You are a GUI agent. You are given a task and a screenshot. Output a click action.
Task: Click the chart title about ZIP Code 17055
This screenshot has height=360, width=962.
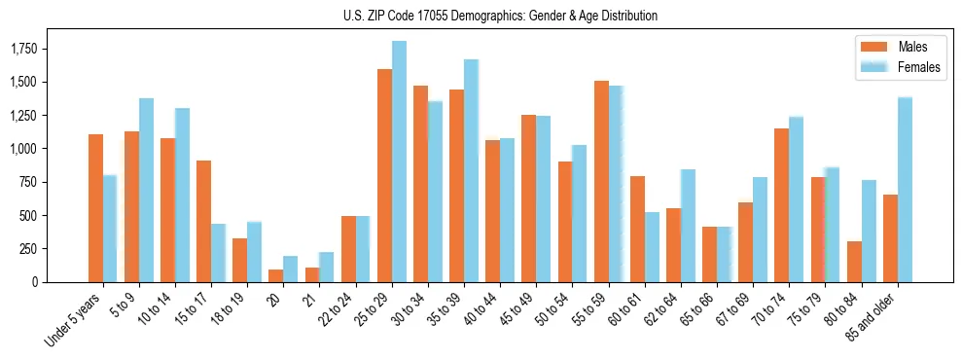point(500,16)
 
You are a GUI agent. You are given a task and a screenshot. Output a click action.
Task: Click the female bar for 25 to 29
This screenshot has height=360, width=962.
point(399,162)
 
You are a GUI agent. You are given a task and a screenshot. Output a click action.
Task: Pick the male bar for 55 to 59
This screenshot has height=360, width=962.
point(601,181)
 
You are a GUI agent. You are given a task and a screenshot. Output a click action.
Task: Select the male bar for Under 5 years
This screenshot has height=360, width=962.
point(95,208)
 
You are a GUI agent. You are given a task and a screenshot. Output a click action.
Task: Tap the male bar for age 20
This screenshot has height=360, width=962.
point(276,275)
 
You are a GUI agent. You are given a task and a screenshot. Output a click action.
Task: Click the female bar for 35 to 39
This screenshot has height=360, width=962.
point(471,170)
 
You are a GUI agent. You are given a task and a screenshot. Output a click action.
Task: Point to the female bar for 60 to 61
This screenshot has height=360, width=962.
point(652,247)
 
